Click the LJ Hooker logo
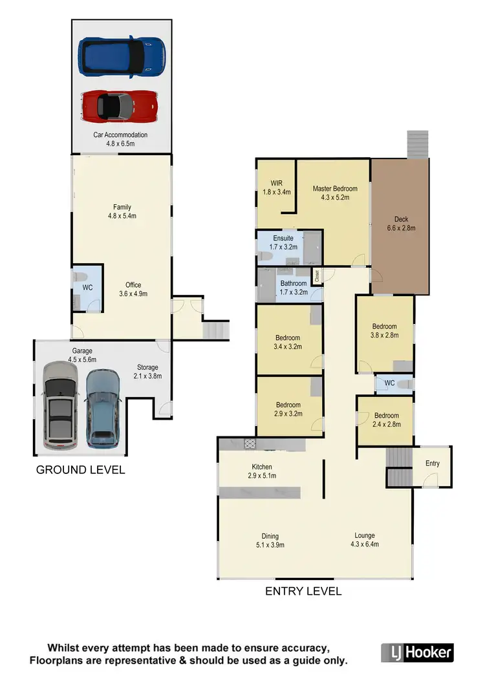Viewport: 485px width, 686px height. tap(417, 652)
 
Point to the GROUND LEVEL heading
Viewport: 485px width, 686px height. tap(80, 469)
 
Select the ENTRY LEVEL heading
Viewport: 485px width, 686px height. tap(303, 591)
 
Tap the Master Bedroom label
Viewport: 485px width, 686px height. tap(334, 193)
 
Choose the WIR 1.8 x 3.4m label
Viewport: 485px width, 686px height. tap(276, 188)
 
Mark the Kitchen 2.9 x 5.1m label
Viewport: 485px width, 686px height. tap(262, 471)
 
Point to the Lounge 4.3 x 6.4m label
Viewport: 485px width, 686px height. tap(364, 539)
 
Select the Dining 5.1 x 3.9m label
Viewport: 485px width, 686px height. tap(270, 540)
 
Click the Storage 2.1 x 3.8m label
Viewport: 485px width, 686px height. tap(147, 371)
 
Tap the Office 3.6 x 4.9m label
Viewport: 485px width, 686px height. tap(133, 289)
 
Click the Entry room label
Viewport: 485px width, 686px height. tap(432, 464)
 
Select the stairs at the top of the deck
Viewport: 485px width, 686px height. tap(416, 144)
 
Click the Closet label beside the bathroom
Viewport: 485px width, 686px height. tap(317, 276)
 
